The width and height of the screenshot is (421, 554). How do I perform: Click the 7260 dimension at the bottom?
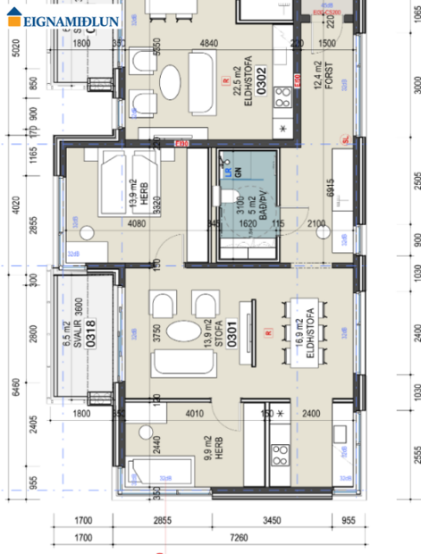(238, 538)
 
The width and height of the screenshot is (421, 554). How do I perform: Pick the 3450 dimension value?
(270, 520)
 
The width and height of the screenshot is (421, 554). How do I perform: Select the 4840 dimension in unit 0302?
(208, 43)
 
